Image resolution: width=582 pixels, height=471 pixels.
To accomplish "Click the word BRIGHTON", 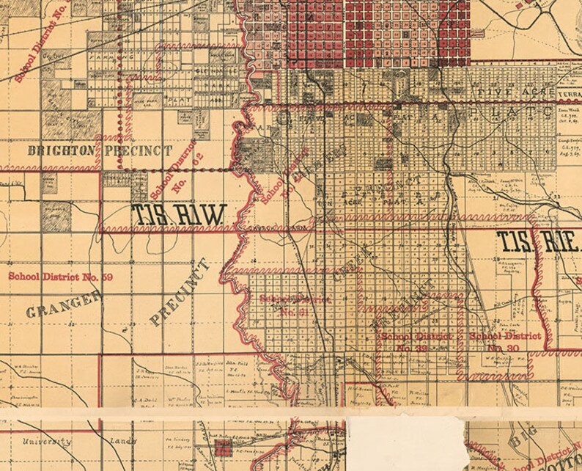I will [x=61, y=150].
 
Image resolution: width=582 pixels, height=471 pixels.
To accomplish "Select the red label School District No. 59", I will [x=60, y=277].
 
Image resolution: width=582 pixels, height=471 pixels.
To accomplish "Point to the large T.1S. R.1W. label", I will [x=177, y=214].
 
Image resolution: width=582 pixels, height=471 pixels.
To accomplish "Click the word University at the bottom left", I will [x=46, y=442].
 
